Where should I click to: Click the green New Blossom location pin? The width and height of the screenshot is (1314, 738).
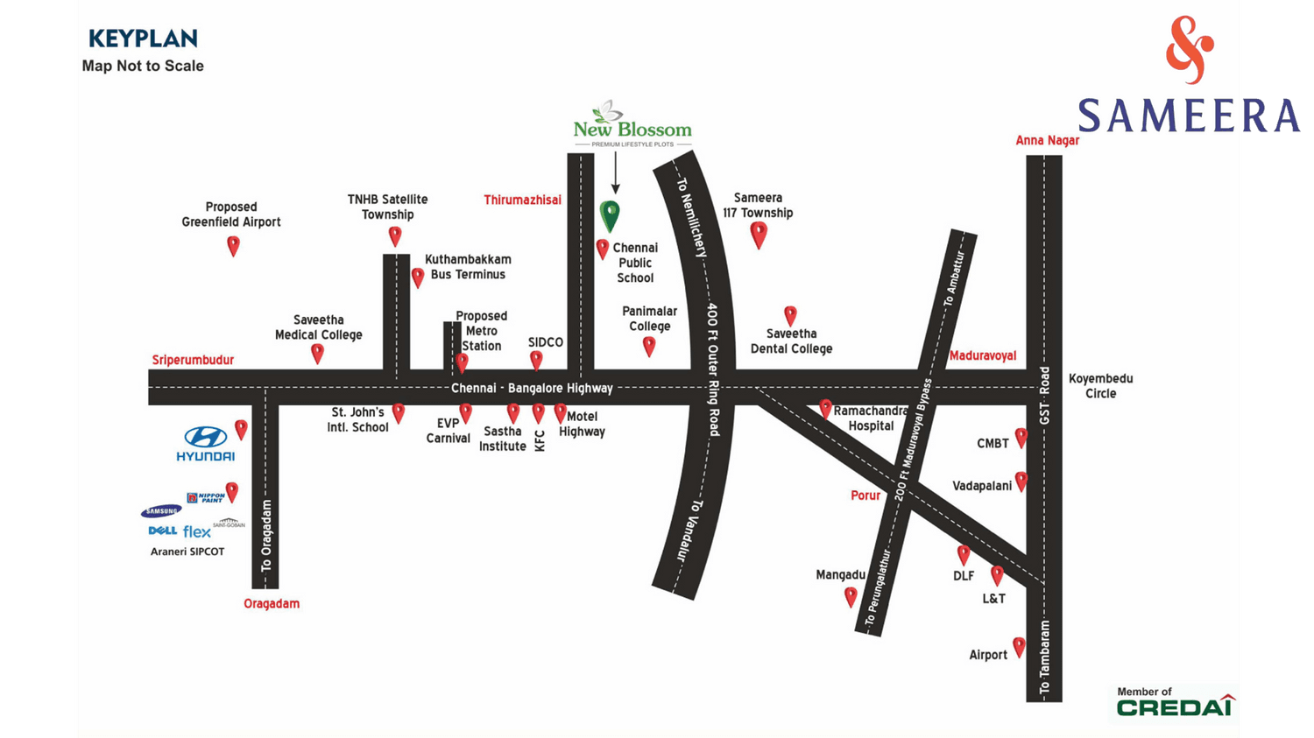click(610, 214)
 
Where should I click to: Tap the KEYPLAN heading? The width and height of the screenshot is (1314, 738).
click(143, 39)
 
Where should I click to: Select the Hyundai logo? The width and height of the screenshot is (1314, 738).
click(205, 443)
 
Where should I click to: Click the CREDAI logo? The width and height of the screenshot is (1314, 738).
click(1175, 706)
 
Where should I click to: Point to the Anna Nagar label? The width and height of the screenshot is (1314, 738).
click(1047, 140)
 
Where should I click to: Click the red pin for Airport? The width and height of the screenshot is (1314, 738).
click(1019, 647)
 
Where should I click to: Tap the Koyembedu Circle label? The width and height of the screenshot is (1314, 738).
click(1100, 386)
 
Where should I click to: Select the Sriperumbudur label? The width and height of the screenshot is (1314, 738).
click(193, 360)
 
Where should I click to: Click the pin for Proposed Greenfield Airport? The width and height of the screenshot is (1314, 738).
click(233, 245)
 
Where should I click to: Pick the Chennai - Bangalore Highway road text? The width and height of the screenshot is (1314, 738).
click(532, 388)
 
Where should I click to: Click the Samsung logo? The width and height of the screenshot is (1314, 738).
click(161, 511)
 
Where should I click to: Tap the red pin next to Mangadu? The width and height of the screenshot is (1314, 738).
click(851, 596)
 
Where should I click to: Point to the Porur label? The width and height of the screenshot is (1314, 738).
click(865, 496)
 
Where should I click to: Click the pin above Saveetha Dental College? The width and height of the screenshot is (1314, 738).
click(790, 314)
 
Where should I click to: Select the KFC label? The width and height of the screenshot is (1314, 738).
click(540, 440)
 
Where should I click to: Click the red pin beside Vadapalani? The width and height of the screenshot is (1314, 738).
click(1021, 481)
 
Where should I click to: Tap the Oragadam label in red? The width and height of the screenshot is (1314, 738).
click(272, 603)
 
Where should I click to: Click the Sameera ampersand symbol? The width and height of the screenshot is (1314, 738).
click(1189, 49)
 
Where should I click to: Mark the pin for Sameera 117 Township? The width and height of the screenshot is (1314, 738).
click(759, 234)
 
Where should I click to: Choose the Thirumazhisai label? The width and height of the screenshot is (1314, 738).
click(522, 200)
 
